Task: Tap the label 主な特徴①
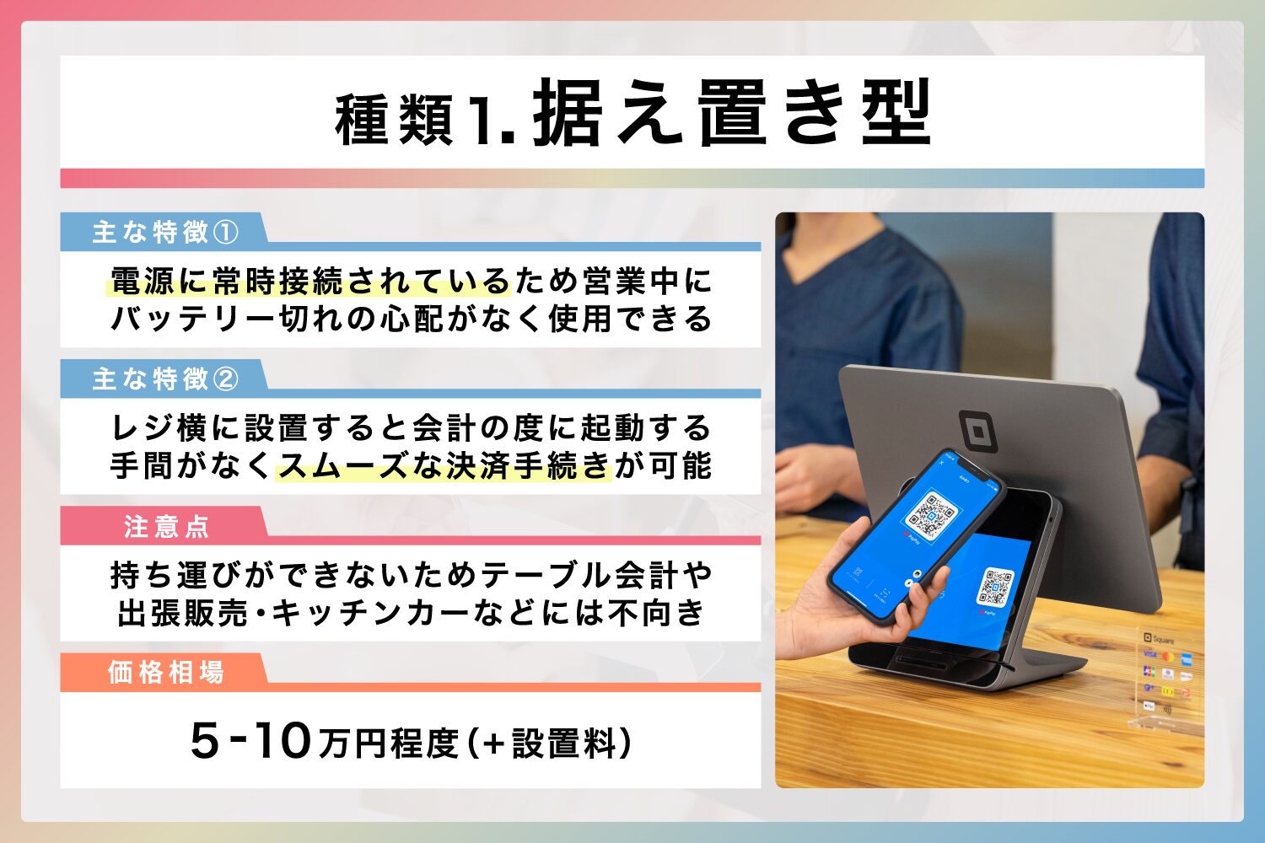[x=165, y=232]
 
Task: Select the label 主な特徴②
[x=165, y=379]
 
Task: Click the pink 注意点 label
[x=166, y=527]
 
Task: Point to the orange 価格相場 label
[x=166, y=673]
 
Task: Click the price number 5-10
[x=251, y=741]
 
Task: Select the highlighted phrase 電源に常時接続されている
[x=310, y=282]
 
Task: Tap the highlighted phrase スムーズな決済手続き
[x=443, y=466]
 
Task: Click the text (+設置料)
[x=549, y=743]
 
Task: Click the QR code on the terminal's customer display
[x=996, y=587]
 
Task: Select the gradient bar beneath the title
[x=632, y=178]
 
